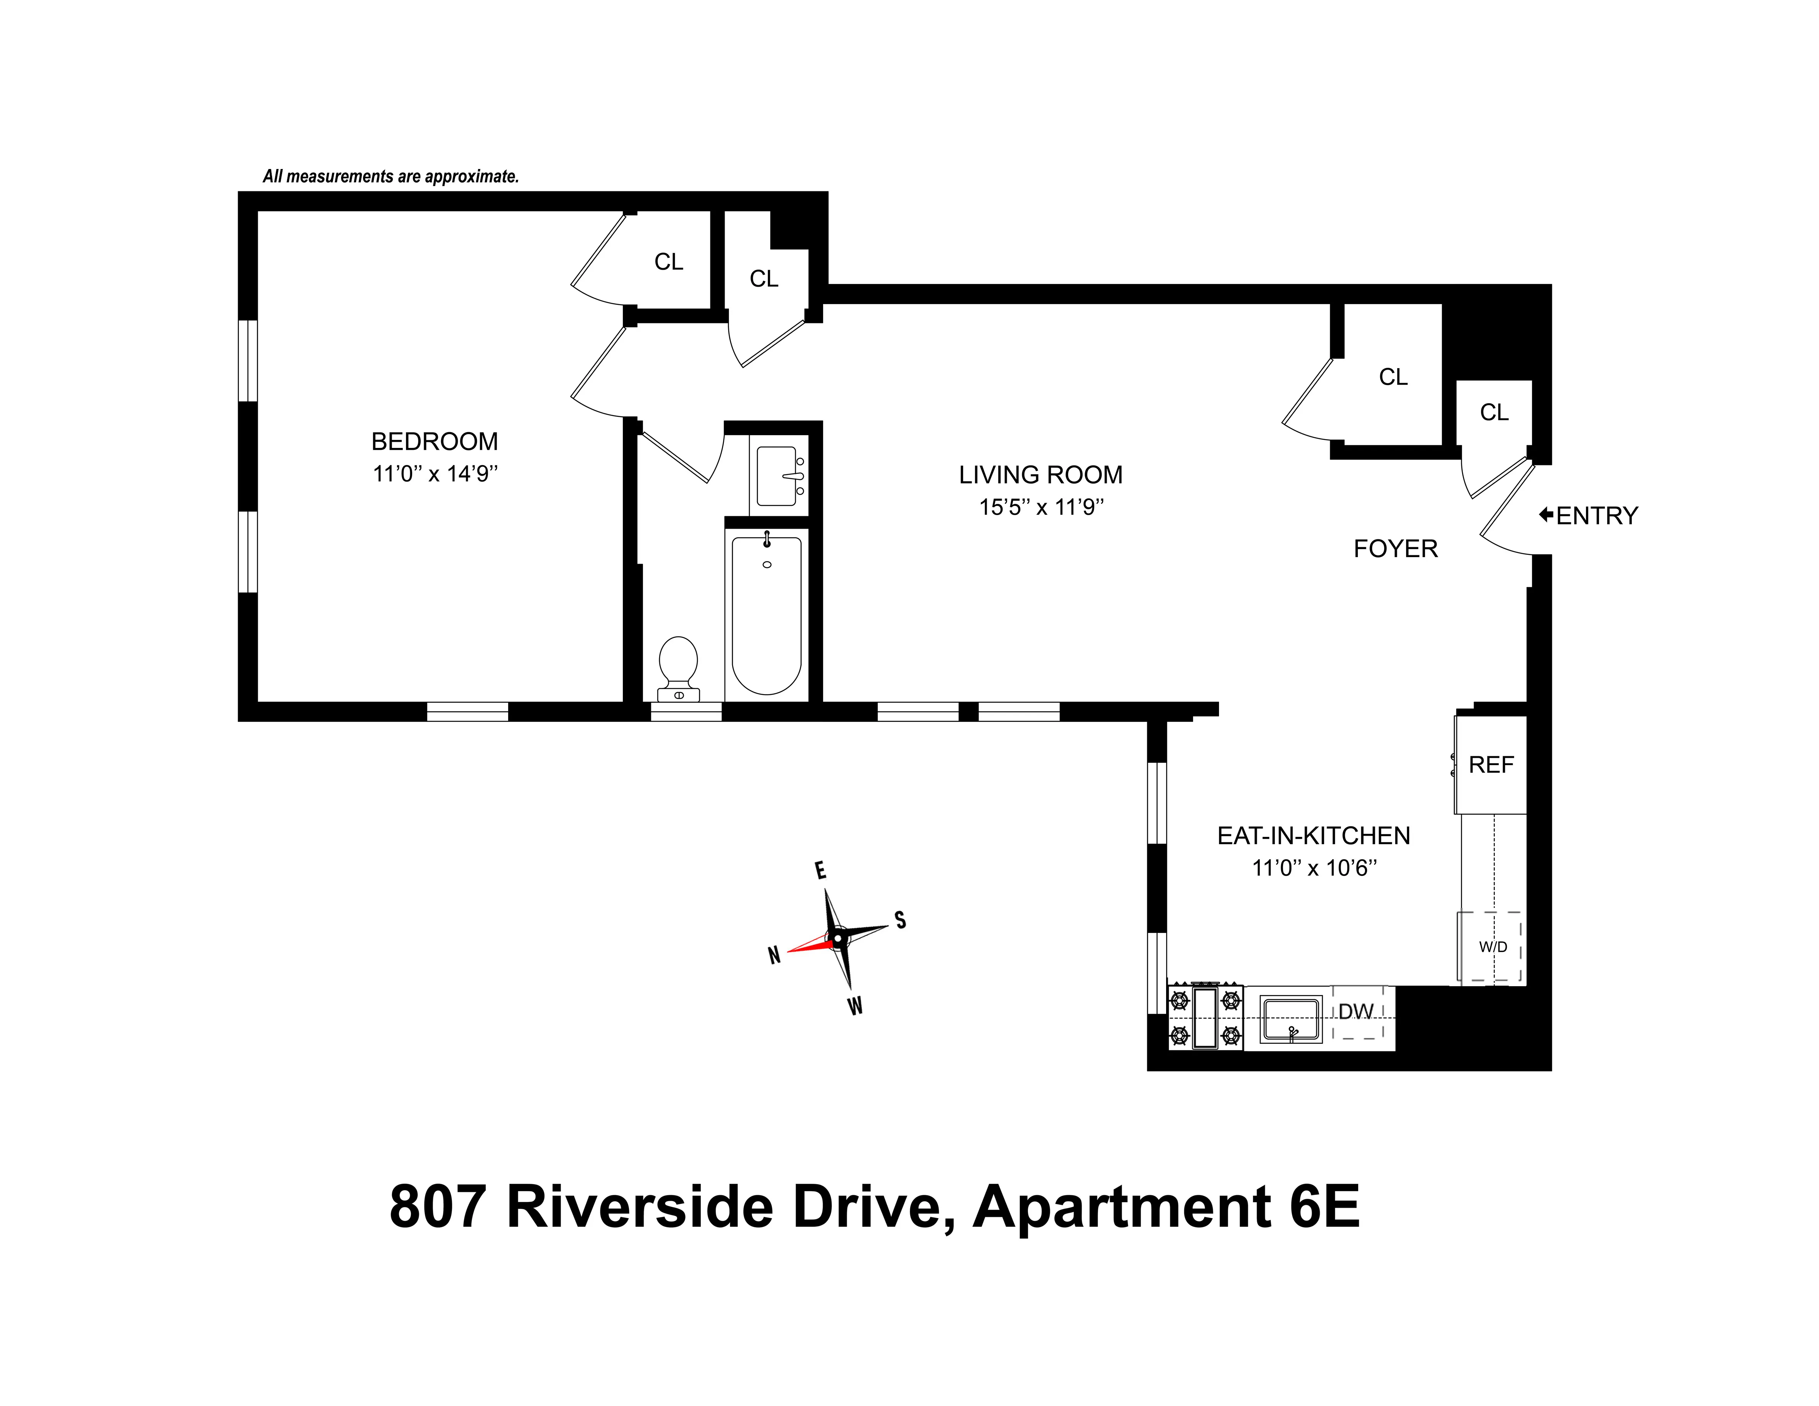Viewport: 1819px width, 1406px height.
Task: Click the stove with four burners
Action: pos(1205,1018)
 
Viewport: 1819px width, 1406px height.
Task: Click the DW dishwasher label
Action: pos(1356,1011)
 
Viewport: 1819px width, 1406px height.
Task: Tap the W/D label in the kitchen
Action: pos(1493,947)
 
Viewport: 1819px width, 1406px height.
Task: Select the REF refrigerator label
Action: pos(1491,765)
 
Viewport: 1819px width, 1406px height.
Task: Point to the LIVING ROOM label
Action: pos(1040,475)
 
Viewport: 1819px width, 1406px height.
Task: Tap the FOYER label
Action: pos(1395,549)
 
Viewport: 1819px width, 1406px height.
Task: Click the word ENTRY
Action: pos(1597,516)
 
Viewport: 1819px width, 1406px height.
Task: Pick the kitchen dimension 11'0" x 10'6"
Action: pos(1314,868)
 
